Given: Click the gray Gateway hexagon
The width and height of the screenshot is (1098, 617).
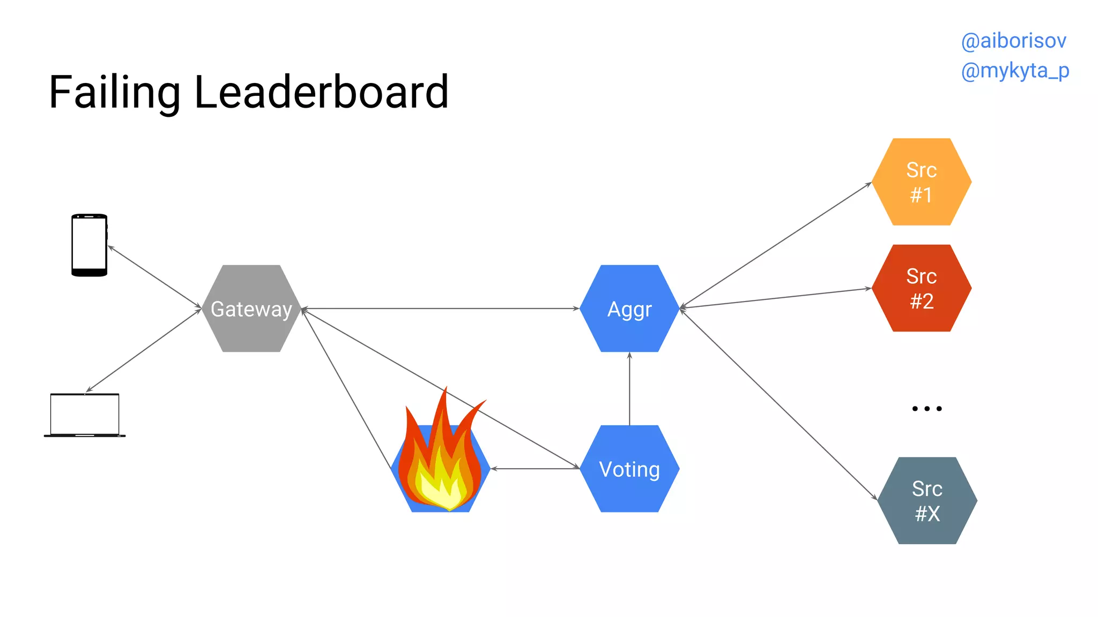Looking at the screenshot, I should coord(251,308).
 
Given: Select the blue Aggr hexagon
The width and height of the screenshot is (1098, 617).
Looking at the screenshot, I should coord(629,308).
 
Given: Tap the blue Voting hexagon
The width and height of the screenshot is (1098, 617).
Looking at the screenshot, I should coord(629,469).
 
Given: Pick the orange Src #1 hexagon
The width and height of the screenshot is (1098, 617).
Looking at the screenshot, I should coord(921,182).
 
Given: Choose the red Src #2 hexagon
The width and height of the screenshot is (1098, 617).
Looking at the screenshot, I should coord(921,288).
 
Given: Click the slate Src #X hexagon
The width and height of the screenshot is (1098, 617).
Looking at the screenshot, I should coord(927,501).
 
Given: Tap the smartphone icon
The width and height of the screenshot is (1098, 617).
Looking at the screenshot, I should coord(90,245).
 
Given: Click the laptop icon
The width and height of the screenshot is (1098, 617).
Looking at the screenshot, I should coord(85,416).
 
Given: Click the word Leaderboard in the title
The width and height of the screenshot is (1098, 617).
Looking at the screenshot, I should coord(321,92).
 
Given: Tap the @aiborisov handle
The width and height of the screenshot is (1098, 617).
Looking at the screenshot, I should coord(1013,41).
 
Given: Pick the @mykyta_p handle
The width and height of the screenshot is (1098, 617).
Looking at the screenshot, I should coord(1015,71).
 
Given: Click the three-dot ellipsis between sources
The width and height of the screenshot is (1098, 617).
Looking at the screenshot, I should coord(927,409).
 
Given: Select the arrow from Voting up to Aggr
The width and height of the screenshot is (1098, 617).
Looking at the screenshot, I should coord(629,388).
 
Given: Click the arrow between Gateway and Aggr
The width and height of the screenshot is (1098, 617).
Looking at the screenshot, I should coord(440,308).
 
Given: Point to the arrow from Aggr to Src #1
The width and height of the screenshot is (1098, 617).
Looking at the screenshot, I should coord(775,245).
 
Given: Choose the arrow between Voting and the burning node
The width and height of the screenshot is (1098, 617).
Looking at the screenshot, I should coord(535,469).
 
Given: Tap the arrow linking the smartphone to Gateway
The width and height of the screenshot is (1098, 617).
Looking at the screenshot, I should coord(154,277).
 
